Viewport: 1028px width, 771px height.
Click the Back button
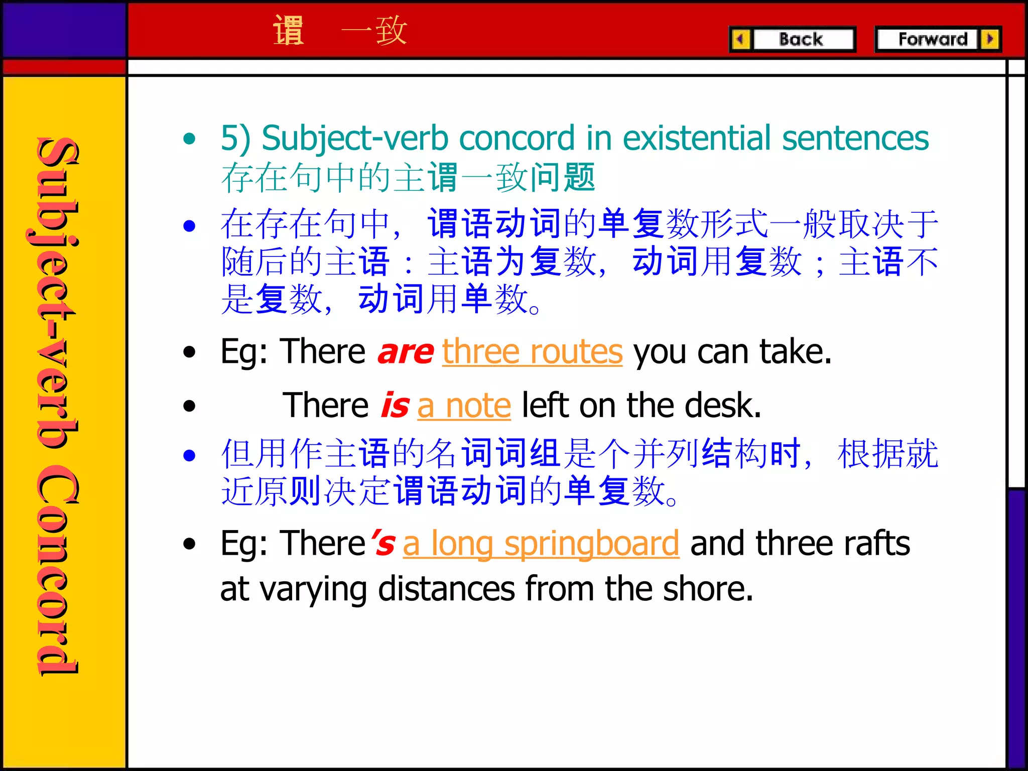[x=802, y=39]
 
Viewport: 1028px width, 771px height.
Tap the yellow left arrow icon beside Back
[x=740, y=39]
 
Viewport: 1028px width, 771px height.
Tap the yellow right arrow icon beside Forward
[x=990, y=39]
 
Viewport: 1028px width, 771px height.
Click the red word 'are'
[x=406, y=352]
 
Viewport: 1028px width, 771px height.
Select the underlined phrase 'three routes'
[x=532, y=352]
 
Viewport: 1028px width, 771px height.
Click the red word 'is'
[x=395, y=406]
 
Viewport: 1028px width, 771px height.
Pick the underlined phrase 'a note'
[x=464, y=406]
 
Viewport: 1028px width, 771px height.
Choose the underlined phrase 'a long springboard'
[x=541, y=544]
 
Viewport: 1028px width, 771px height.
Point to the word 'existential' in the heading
[x=697, y=138]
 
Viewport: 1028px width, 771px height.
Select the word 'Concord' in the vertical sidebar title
[x=58, y=570]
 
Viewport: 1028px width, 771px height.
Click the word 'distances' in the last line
[x=446, y=589]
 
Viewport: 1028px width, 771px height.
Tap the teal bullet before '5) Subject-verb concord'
[x=189, y=139]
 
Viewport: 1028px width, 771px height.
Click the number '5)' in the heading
[x=235, y=139]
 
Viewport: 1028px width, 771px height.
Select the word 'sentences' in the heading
[x=855, y=138]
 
